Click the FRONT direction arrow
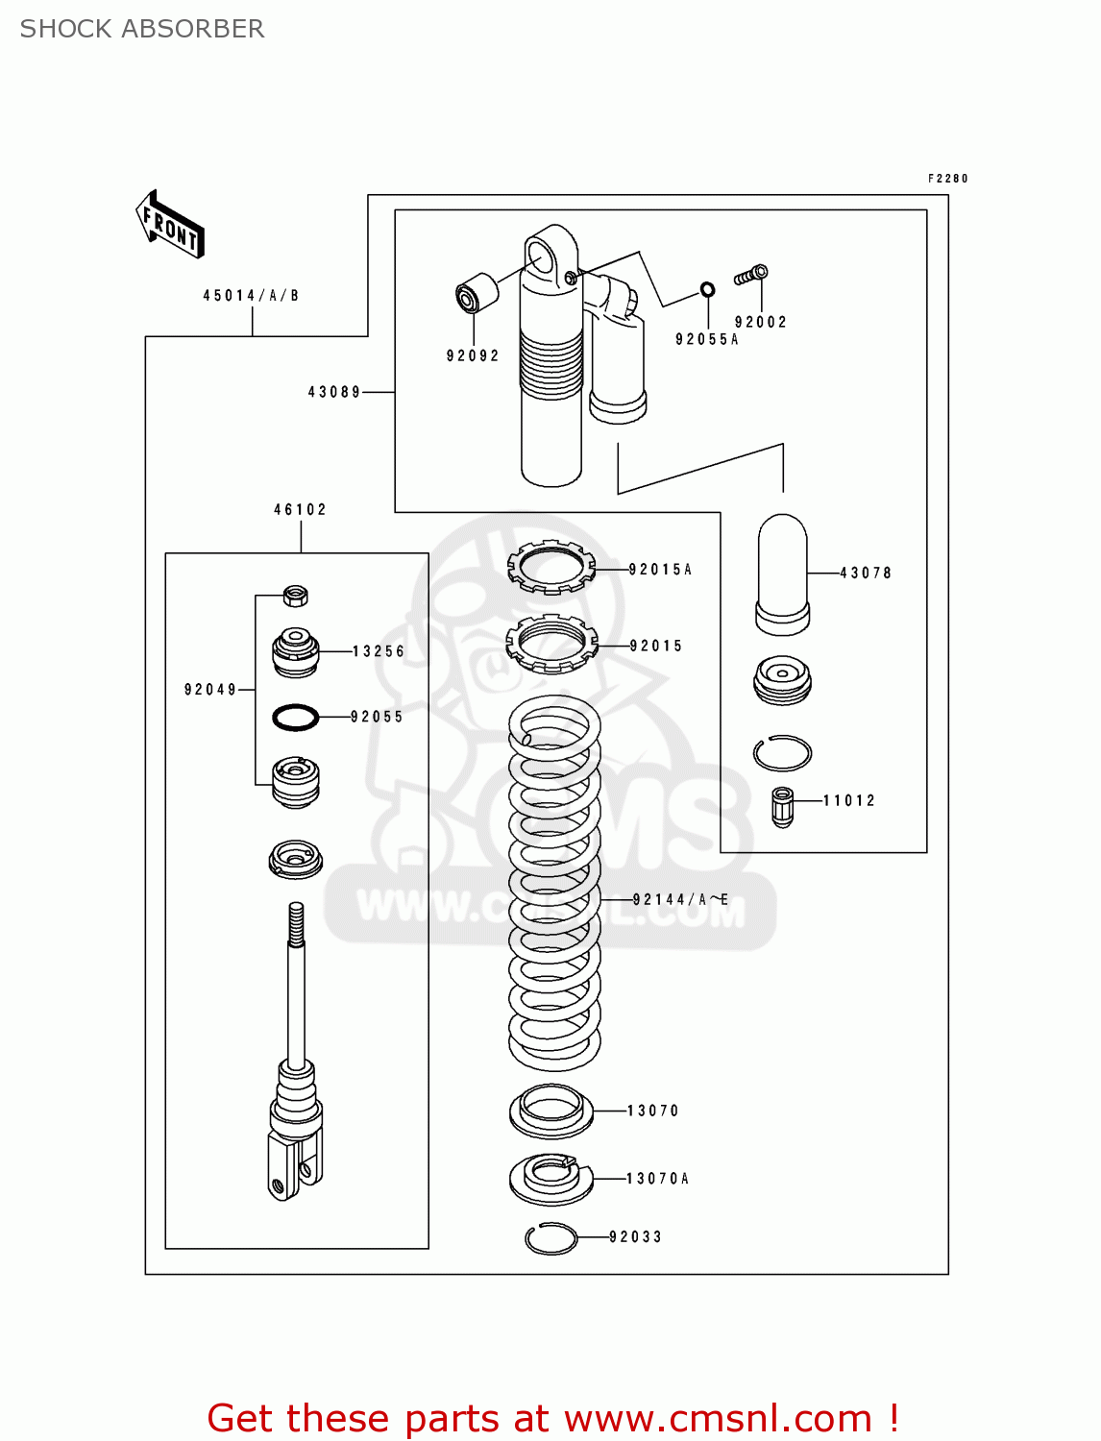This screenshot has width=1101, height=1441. coord(170,225)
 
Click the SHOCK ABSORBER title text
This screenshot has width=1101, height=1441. coord(142,29)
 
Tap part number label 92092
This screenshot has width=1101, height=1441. coord(473,355)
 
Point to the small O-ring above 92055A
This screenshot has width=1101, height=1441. coord(707,289)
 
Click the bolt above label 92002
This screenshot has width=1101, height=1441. coord(750,276)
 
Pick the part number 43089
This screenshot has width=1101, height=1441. coord(334,392)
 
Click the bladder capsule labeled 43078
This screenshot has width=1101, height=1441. coord(783,574)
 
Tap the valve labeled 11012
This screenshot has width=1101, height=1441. coord(783,806)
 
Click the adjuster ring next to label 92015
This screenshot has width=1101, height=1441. coord(551,644)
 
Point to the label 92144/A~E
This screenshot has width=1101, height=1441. coord(680,900)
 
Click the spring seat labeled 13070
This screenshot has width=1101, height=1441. coord(550,1111)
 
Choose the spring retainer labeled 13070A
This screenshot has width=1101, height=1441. coord(551,1178)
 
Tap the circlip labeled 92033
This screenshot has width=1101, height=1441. coord(551,1238)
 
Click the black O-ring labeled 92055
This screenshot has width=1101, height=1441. coord(296,717)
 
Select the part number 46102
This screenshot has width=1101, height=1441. coord(301,510)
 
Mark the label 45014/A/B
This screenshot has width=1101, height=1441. coord(251,296)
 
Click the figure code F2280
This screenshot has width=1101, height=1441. coord(947,179)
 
